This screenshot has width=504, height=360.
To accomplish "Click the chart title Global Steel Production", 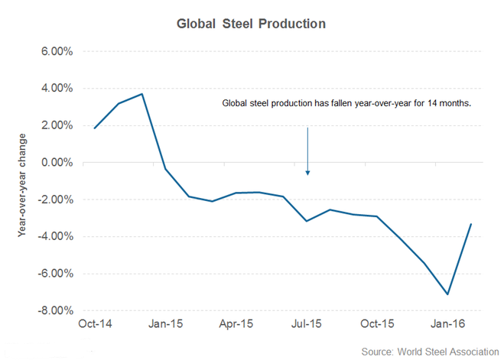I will [x=252, y=24].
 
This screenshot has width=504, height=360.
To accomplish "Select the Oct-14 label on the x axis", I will [x=94, y=324].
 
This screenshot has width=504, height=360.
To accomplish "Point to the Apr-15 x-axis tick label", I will [x=236, y=324].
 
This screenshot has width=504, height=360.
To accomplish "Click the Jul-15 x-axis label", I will [x=307, y=324].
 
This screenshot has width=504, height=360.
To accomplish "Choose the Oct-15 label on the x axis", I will [x=379, y=324].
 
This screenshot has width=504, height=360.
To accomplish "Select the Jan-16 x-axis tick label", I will [x=448, y=324].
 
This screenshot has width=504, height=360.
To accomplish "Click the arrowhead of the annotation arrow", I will [x=307, y=172].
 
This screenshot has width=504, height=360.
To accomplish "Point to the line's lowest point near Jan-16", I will [x=448, y=294].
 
